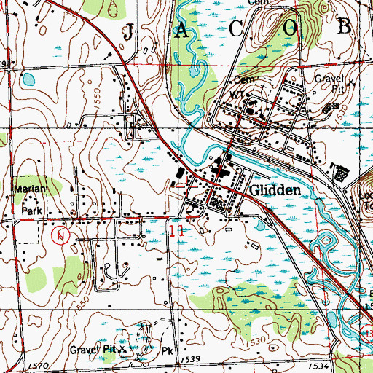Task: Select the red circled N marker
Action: tap(62, 235)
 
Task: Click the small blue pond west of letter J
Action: tap(29, 78)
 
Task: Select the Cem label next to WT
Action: tap(242, 79)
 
